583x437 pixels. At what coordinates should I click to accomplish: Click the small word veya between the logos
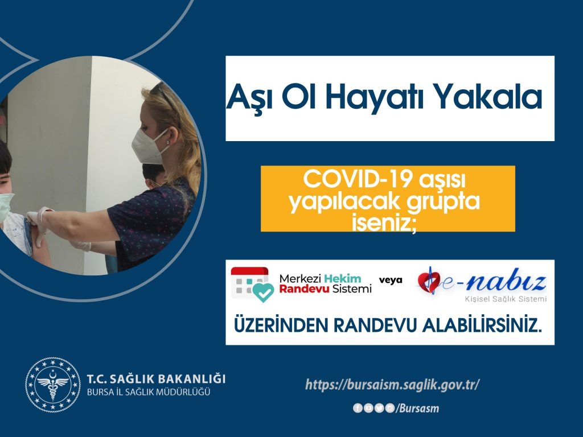pyautogui.click(x=391, y=280)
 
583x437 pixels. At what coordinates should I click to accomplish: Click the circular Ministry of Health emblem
pyautogui.click(x=52, y=385)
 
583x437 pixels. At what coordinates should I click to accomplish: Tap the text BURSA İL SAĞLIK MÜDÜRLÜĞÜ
pyautogui.click(x=148, y=392)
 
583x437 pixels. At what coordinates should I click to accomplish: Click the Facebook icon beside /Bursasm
pyautogui.click(x=358, y=408)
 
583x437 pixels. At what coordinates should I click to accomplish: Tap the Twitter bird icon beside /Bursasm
pyautogui.click(x=379, y=408)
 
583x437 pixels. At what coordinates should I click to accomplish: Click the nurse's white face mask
pyautogui.click(x=149, y=145)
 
